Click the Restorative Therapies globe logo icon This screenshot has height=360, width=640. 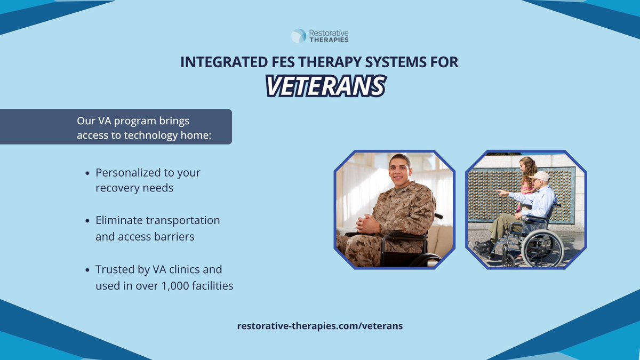pos(299,36)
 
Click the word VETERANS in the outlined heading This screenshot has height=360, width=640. pos(326,86)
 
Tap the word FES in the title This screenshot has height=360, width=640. pos(283,62)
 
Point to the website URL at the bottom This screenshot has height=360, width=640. pos(320,326)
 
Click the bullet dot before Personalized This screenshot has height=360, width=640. pos(87,173)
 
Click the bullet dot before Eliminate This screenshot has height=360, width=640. pos(87,221)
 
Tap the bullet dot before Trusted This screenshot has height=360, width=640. pos(87,270)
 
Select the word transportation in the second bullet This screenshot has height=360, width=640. pos(183,220)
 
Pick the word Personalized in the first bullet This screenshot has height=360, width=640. pos(128,173)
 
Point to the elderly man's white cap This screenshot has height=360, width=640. pos(539,176)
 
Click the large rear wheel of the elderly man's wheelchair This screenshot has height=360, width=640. pos(542,249)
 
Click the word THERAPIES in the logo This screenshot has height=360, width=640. pos(329,39)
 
